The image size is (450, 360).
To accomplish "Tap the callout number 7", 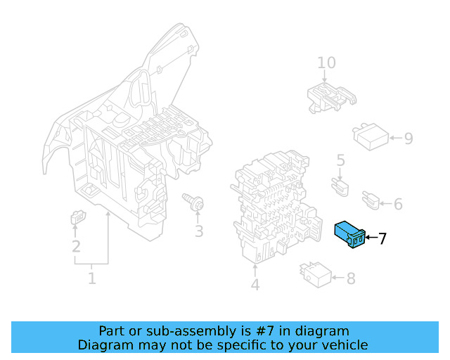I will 382,239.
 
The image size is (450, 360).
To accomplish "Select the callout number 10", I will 326,63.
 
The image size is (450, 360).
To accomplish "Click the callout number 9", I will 408,138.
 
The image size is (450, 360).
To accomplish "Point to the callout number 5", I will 340,161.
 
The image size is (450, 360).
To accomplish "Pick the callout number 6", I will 398,205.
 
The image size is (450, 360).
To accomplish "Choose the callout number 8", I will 350,278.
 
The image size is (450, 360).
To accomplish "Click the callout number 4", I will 255,285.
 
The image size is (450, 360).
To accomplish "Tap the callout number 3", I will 199,231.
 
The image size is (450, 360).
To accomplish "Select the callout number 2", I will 76,246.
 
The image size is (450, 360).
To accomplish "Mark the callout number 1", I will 91,279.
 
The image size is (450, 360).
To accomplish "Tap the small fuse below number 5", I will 342,186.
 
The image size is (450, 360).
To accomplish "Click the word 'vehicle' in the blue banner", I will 342,345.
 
